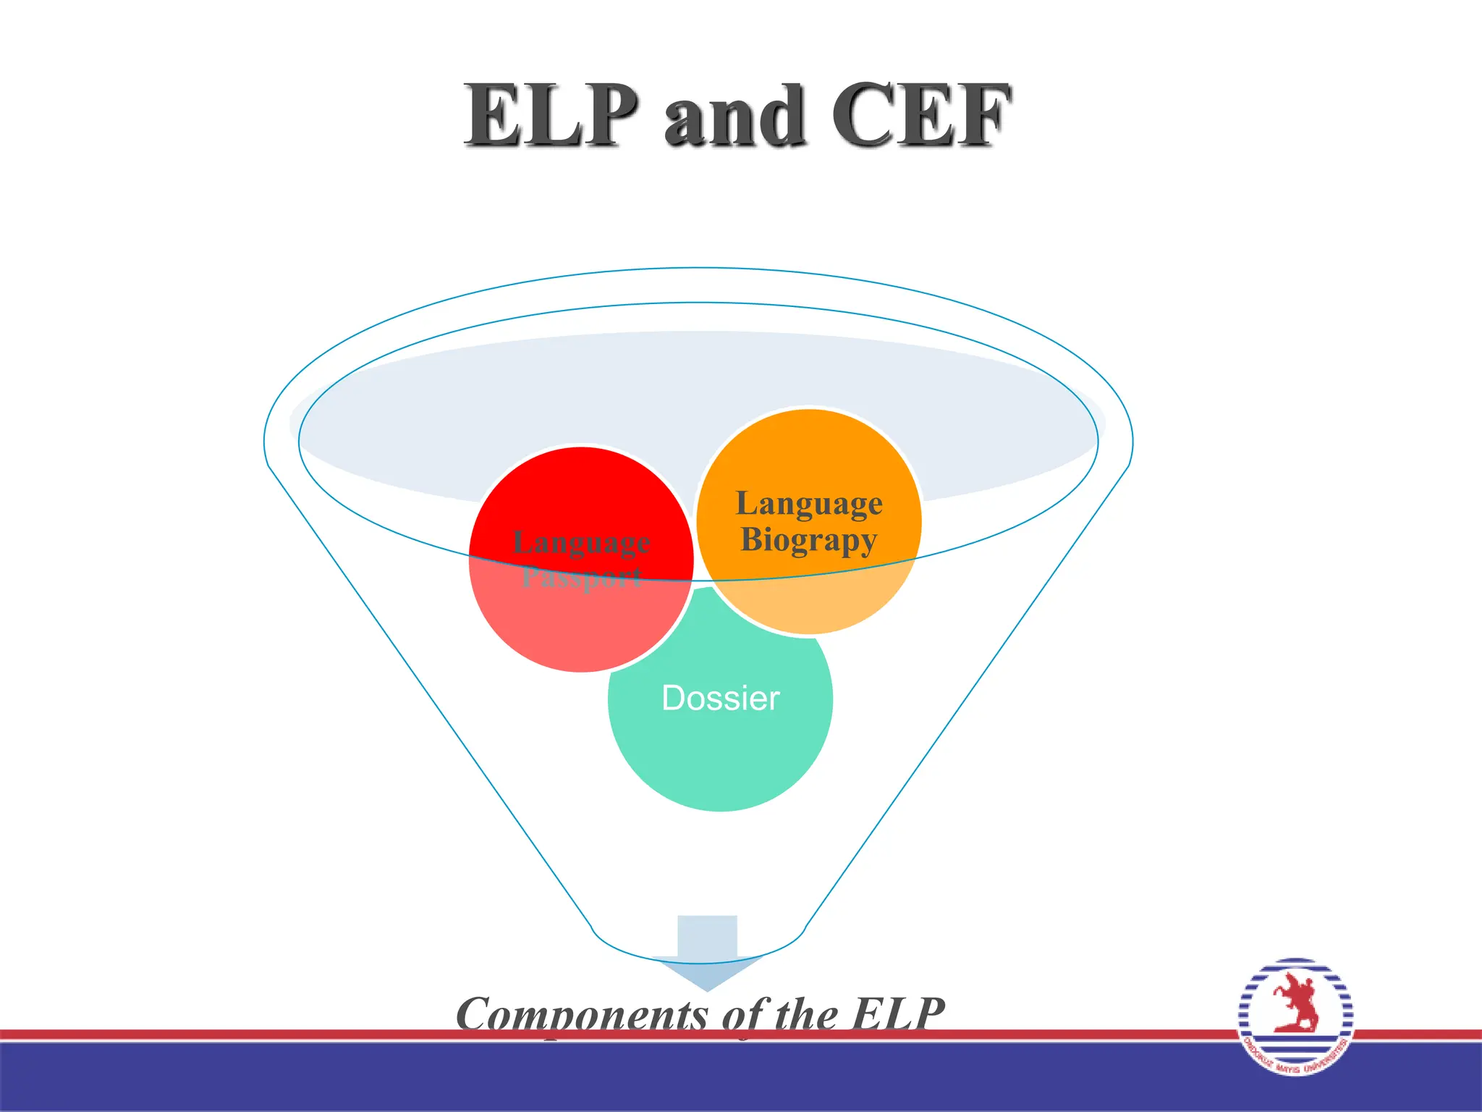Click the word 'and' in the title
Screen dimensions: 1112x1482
[x=734, y=116]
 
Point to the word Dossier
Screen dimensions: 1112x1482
[x=721, y=699]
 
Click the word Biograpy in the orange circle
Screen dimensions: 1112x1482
[x=808, y=540]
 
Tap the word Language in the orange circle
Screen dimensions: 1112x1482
[x=809, y=504]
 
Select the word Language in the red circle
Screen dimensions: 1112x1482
[x=582, y=543]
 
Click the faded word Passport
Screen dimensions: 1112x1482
[x=582, y=578]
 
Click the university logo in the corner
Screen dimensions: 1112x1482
[x=1295, y=1016]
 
